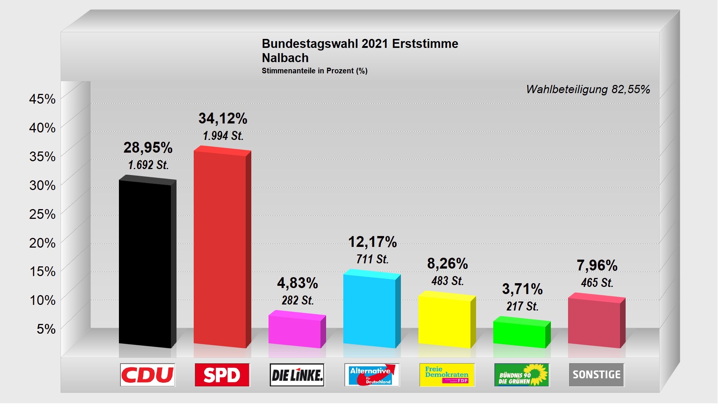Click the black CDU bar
coord(145,264)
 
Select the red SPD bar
coord(220,249)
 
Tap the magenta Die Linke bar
coord(295,331)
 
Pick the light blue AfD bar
coord(369,310)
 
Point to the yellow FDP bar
coord(445,321)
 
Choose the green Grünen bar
coord(519,334)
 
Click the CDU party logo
coord(148,375)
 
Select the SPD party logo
coord(222,375)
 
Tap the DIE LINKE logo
coord(297,375)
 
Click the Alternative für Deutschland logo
coord(372,375)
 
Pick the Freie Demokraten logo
coord(447,375)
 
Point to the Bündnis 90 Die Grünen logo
coord(522,375)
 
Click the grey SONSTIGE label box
coord(596,375)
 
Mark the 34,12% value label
coord(223,119)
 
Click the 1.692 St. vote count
coord(148,165)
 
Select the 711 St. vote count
coord(372,259)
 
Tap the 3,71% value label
coord(522,289)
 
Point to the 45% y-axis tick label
coord(42,99)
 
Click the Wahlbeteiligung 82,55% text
coord(588,89)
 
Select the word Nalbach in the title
coord(285,58)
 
